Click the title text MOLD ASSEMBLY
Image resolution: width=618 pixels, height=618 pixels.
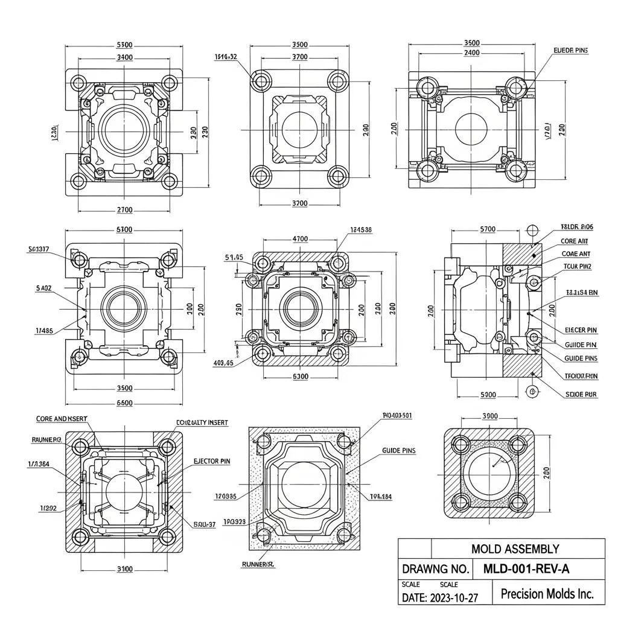click(515, 549)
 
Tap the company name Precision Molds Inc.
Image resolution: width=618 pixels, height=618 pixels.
click(547, 593)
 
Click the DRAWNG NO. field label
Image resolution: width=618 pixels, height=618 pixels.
click(436, 569)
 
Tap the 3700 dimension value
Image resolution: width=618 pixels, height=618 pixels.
click(299, 57)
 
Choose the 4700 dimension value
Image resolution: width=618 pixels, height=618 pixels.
click(300, 239)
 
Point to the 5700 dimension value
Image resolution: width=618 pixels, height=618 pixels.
click(487, 229)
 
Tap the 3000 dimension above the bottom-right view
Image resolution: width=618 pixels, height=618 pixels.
click(489, 416)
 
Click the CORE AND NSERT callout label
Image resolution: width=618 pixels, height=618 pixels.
click(62, 418)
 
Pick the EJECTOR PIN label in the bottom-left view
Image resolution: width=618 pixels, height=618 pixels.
click(211, 461)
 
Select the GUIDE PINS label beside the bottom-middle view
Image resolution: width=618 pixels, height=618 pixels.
click(398, 450)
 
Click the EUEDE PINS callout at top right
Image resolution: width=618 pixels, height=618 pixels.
click(570, 51)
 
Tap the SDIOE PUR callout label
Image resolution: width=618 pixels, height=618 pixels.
click(581, 394)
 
